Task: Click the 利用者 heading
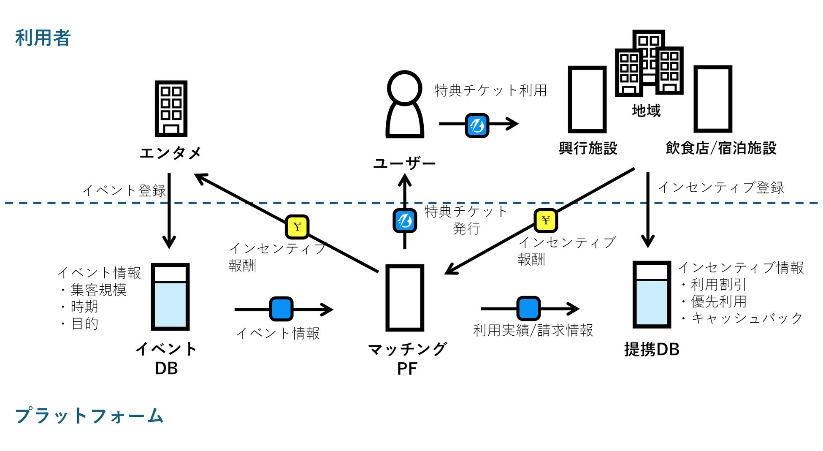tap(43, 38)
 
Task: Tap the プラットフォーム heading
tap(89, 416)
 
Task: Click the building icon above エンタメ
tap(171, 109)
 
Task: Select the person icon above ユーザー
tap(404, 105)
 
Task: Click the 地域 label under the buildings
tap(646, 111)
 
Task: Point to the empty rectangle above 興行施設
tap(587, 99)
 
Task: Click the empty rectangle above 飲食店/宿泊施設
tap(712, 99)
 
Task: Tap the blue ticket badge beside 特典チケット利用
tap(477, 125)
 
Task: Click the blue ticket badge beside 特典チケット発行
tap(405, 220)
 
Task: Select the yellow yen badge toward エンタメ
tap(297, 227)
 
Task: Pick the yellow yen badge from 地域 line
tap(546, 220)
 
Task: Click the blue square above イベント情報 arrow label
tap(281, 309)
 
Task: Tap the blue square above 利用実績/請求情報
tap(528, 308)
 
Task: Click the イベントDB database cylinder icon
tap(170, 297)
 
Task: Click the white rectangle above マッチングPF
tap(404, 298)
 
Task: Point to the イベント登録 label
tap(124, 190)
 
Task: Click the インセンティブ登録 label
tap(721, 187)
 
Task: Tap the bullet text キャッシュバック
tap(746, 318)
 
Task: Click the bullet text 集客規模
tap(98, 290)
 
